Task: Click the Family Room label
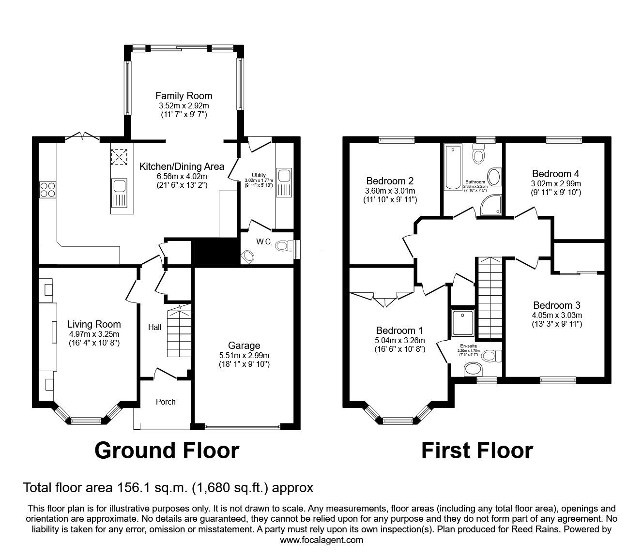(184, 96)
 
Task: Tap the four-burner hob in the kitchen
(48, 189)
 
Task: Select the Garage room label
(244, 346)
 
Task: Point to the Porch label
(166, 402)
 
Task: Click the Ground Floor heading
(167, 450)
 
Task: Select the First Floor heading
(477, 450)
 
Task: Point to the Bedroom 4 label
(555, 174)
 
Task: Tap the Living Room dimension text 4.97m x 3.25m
(94, 334)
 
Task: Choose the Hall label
(154, 328)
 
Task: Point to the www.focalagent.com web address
(321, 540)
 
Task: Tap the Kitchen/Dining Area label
(182, 166)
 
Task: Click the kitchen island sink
(118, 188)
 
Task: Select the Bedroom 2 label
(390, 181)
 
